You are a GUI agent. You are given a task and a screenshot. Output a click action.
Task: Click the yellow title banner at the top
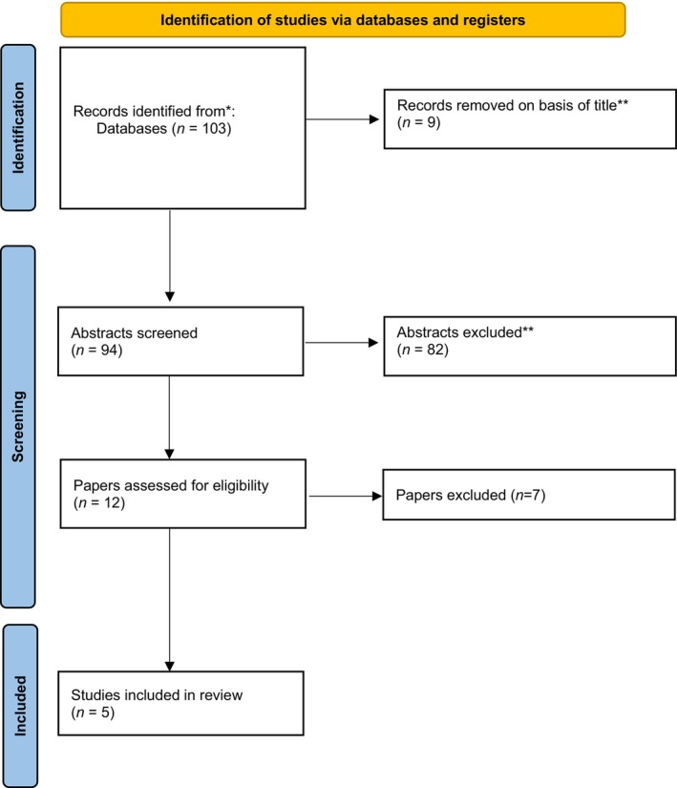coord(343,20)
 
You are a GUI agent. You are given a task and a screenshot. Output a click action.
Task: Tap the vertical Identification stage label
coord(18,128)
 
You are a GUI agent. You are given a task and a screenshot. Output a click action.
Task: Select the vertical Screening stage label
coord(18,427)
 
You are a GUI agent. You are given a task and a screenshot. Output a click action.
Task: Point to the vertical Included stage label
coord(20,706)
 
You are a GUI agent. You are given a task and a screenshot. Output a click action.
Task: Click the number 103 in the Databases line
coord(215,129)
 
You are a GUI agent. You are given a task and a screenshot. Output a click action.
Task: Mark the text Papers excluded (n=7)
coord(471,495)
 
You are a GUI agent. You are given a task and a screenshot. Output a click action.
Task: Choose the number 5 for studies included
coord(105,713)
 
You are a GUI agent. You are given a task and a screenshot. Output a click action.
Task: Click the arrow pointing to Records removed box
coord(342,119)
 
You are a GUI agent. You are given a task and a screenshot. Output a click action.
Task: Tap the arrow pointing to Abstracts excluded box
coord(342,343)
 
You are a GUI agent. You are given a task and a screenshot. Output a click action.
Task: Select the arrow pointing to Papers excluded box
coord(346,496)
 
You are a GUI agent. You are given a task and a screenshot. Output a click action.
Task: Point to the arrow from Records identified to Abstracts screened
coord(170,255)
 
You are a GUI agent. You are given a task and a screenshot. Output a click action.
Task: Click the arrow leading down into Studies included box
coord(170,600)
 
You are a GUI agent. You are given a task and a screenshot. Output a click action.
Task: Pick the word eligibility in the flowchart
coord(241,486)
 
